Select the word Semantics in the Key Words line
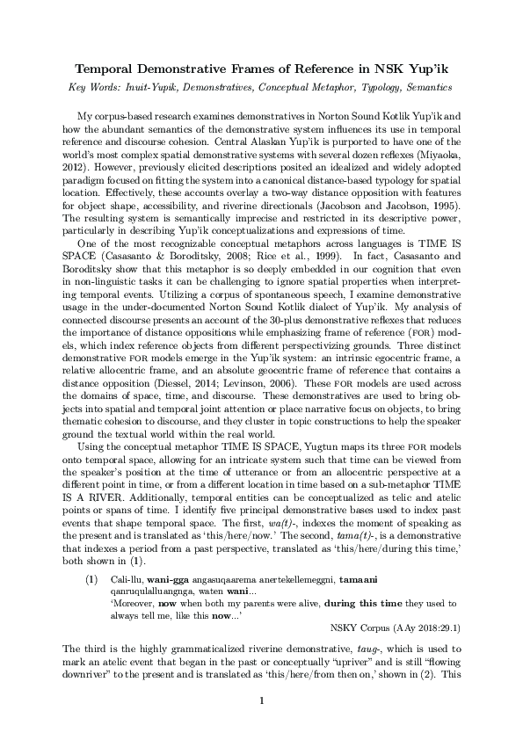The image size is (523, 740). point(425,88)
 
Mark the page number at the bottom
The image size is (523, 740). point(261,724)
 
